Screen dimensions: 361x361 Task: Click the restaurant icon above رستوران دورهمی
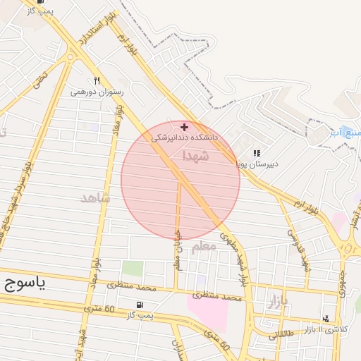click(x=97, y=80)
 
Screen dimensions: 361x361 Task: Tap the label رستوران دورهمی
click(x=97, y=92)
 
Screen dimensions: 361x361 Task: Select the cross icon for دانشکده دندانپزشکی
click(x=185, y=128)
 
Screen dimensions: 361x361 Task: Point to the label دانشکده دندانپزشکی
click(x=185, y=138)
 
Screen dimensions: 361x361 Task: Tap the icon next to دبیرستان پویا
click(x=257, y=153)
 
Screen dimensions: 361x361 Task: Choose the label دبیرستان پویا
click(x=257, y=164)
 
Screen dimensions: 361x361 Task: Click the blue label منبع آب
click(x=345, y=133)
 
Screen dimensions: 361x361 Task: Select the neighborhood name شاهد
click(x=95, y=199)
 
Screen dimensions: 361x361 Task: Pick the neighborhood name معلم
click(x=202, y=246)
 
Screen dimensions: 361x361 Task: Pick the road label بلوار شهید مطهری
click(x=235, y=257)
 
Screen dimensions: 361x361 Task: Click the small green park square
click(x=132, y=269)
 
